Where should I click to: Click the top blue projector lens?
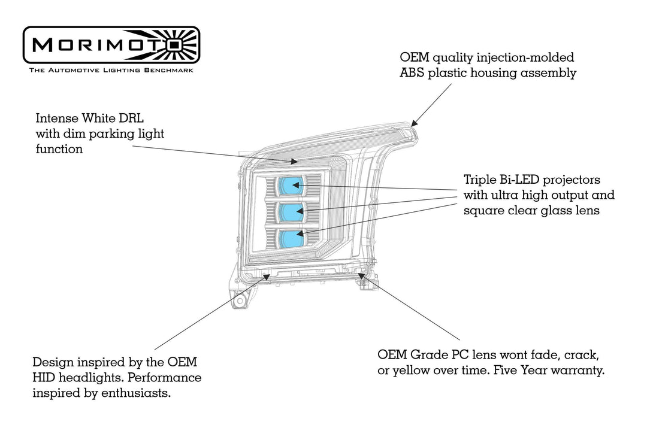coord(291,185)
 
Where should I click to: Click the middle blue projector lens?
coord(291,211)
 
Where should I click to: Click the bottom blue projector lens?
coord(291,238)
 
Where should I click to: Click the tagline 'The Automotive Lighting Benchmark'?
coord(111,70)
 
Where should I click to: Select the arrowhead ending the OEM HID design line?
coord(267,275)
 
